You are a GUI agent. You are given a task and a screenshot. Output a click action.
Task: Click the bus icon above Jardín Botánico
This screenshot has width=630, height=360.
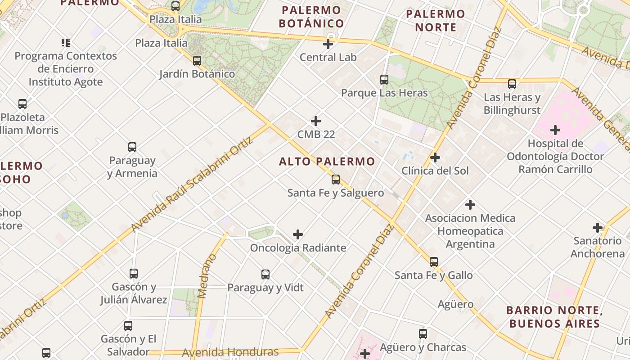(197, 61)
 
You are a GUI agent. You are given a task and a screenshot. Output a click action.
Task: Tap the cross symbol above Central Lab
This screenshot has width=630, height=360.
(328, 44)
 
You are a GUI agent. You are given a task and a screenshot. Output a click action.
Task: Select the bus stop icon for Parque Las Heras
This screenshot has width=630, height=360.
(384, 80)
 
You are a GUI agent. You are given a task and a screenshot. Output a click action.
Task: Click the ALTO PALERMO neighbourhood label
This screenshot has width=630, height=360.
(327, 162)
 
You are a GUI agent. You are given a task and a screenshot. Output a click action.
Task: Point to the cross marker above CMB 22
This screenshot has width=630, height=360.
(316, 121)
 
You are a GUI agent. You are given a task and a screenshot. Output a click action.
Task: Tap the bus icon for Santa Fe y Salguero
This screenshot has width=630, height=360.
(336, 180)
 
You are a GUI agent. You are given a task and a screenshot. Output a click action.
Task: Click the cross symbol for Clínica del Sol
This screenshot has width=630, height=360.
(435, 157)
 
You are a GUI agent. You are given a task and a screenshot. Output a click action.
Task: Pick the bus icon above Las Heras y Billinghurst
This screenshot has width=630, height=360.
(512, 84)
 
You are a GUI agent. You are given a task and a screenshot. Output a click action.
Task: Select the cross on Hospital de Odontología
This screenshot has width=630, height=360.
(555, 130)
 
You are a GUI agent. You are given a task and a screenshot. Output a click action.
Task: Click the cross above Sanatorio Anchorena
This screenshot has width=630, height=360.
(598, 228)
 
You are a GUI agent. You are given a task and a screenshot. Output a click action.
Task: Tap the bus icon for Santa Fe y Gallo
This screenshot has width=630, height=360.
(433, 262)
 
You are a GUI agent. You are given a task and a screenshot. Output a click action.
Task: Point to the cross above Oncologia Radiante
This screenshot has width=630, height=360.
(298, 234)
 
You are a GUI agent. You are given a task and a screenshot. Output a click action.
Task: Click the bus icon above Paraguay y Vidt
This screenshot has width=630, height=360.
(265, 274)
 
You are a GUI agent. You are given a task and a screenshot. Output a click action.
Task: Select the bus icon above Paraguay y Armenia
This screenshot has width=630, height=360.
(132, 147)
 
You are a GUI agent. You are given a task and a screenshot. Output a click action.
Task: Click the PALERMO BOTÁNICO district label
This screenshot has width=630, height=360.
(311, 17)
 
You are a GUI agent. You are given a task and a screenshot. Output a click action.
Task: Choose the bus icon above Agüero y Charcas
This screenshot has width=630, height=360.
(423, 334)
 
